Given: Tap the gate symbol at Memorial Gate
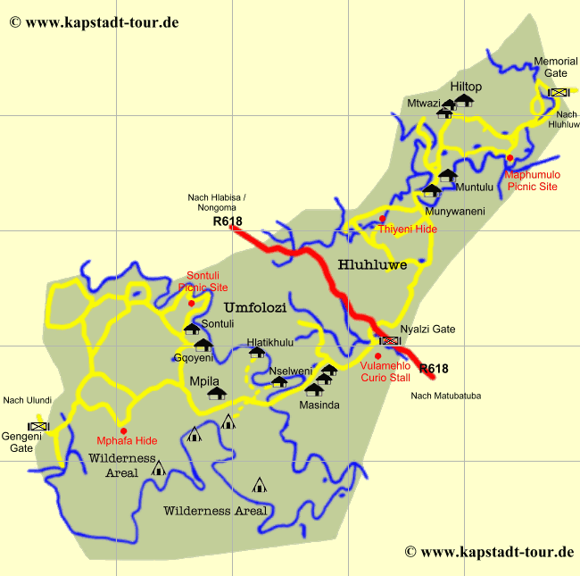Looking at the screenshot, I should [559, 92].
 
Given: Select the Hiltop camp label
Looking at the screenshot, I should [466, 86].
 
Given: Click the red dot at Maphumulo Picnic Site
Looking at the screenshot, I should [510, 158].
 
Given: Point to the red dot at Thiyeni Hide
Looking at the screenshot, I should [382, 219].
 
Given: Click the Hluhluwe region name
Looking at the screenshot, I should [372, 264].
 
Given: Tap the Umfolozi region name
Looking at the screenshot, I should [255, 308].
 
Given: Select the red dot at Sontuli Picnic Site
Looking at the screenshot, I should [191, 303].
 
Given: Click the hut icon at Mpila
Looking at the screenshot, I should [216, 393].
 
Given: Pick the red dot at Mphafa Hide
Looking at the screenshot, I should [123, 430].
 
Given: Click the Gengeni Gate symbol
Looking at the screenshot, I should [37, 426].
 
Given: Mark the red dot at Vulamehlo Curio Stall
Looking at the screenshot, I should [377, 355].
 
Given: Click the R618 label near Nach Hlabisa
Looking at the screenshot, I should [228, 221].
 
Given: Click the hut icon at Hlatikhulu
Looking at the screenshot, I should [257, 352].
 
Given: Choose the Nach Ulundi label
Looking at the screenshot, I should [27, 400].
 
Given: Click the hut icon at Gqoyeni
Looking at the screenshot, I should [203, 345].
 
